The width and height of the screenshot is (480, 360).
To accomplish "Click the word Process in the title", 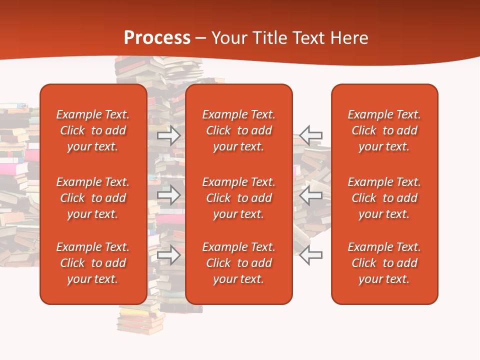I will click(157, 38).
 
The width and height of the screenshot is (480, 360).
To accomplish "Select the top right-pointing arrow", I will click(169, 135).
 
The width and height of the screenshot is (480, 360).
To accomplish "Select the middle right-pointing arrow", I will click(169, 195).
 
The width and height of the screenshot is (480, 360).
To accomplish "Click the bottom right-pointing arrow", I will click(169, 255).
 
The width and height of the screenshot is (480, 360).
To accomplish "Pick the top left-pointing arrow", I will click(311, 135).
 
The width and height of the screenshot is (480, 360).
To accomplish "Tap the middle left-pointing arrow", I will click(311, 195).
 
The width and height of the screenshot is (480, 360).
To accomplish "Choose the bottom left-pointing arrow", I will click(311, 255).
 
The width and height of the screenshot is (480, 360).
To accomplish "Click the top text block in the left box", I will click(93, 130).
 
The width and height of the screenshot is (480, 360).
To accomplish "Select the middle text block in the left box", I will click(93, 198).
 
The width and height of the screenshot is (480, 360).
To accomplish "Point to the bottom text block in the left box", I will click(93, 263).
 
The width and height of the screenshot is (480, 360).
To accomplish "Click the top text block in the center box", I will click(238, 130).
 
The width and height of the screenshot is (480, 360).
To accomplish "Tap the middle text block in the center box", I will click(238, 198).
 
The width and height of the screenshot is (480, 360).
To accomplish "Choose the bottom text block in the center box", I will click(238, 263).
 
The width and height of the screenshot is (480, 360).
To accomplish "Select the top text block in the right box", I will click(384, 130).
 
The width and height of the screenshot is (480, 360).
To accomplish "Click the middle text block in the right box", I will click(384, 198).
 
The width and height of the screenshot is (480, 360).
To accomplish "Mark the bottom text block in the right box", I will click(384, 263).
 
